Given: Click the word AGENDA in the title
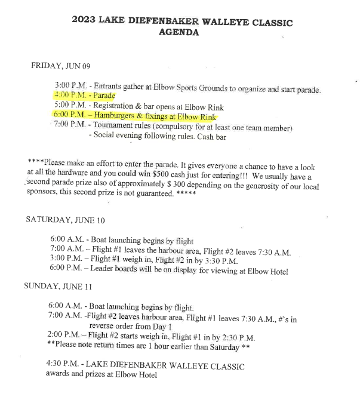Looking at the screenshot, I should [179, 33].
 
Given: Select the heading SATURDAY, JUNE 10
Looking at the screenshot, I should [64, 220].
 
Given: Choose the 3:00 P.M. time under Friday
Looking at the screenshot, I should [70, 85].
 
